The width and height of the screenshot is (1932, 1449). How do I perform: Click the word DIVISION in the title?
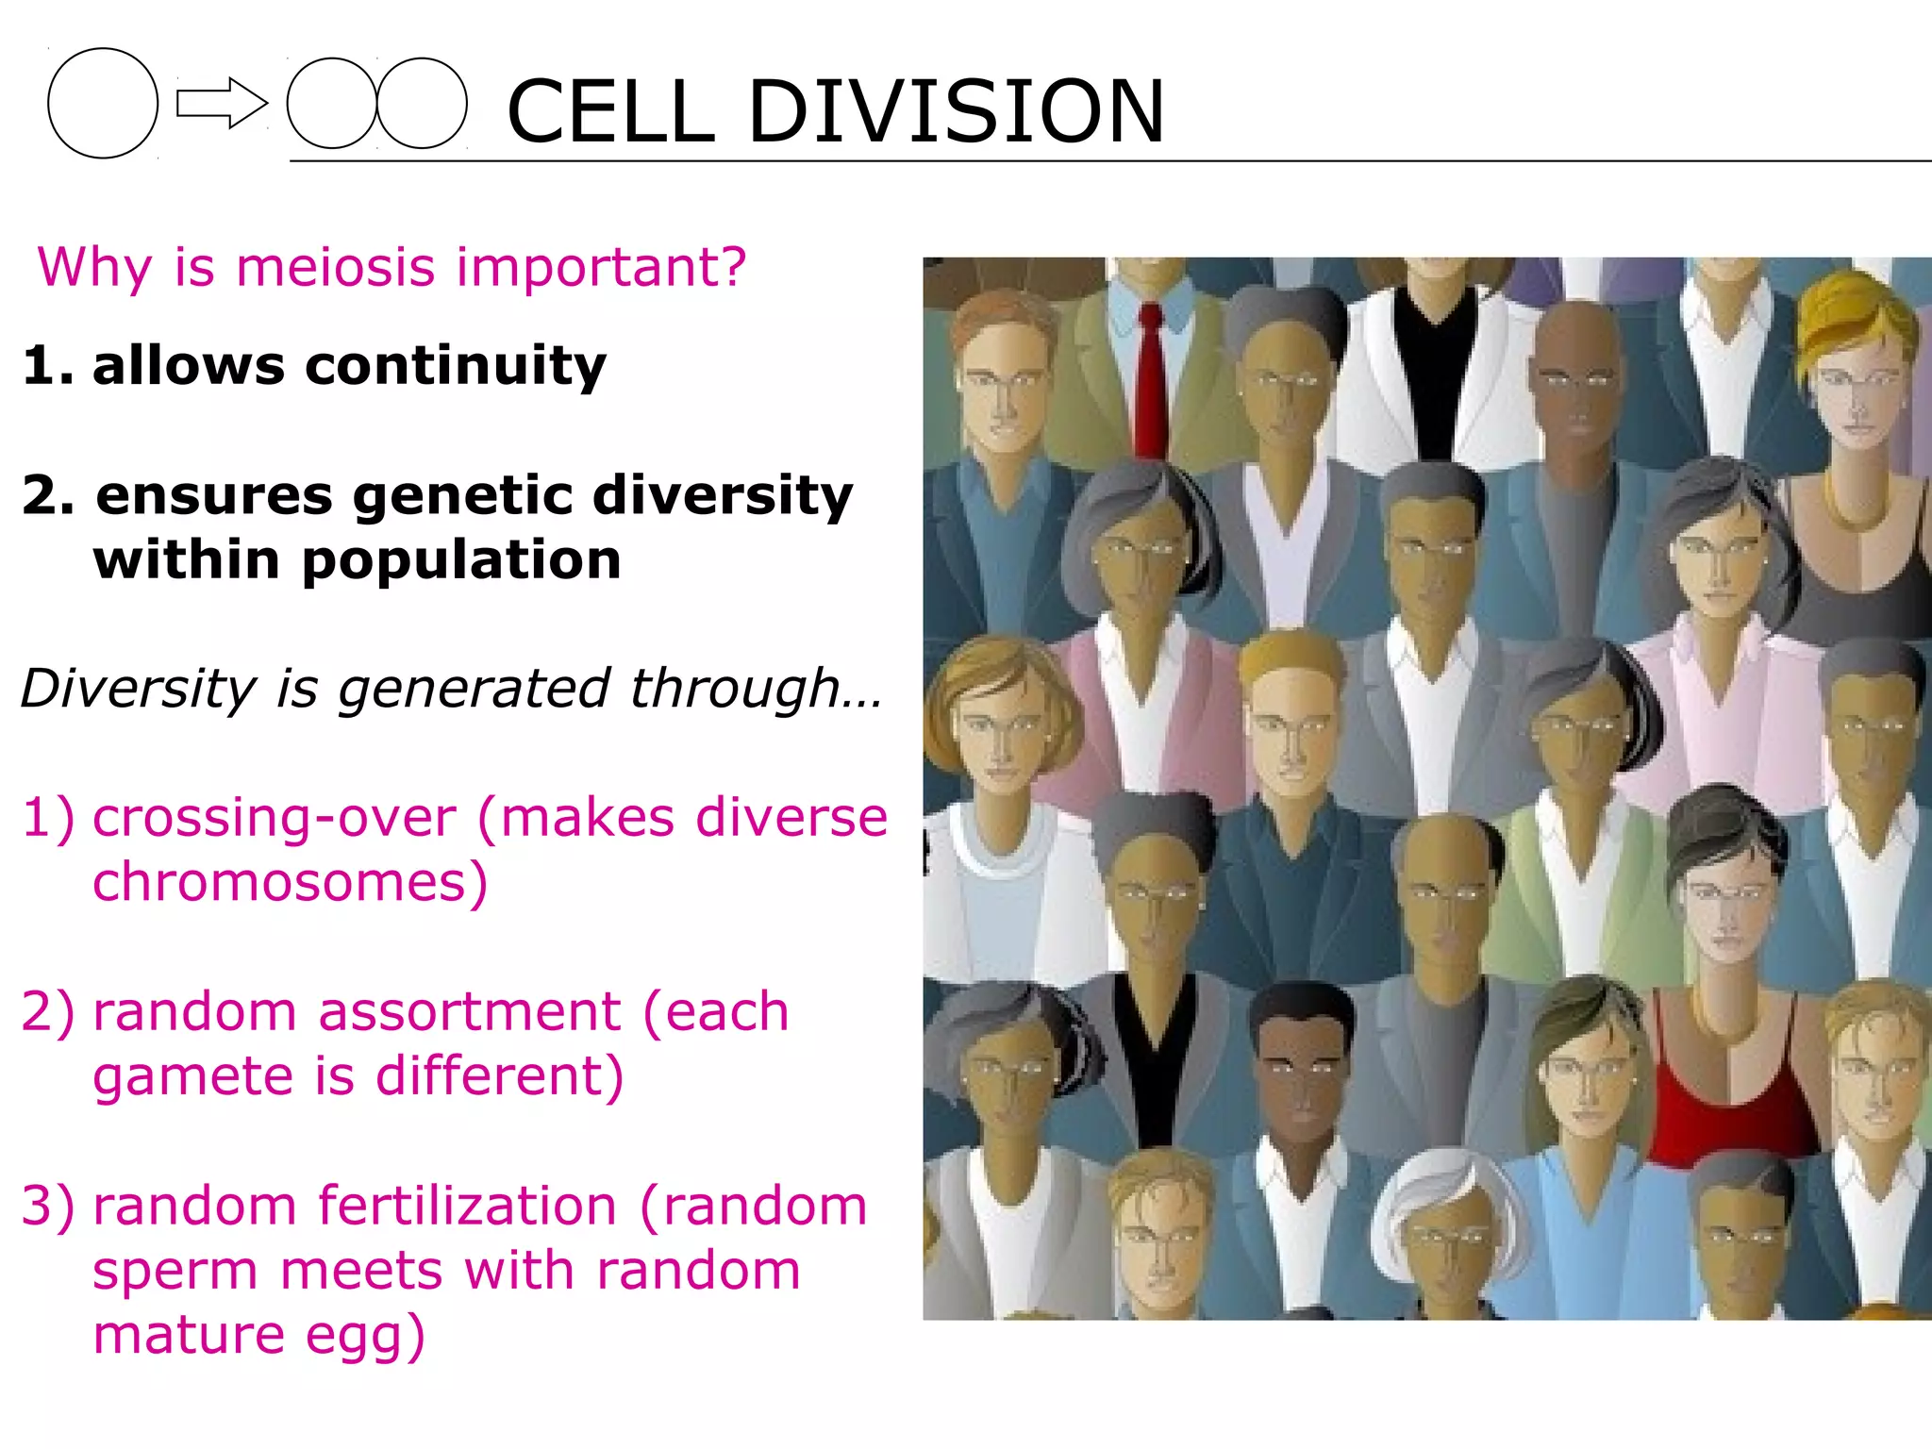click(956, 111)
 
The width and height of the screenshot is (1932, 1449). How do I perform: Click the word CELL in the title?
click(610, 111)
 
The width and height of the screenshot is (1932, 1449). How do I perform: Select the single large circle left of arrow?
click(103, 103)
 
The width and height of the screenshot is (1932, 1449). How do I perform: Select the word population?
click(461, 562)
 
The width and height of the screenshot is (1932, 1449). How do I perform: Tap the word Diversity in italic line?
click(138, 689)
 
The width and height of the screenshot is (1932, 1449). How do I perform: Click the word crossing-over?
click(274, 818)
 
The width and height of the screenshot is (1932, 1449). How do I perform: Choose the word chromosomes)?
click(290, 883)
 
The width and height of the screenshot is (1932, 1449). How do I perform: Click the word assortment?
click(469, 1012)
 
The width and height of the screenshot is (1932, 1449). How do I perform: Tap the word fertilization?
click(467, 1207)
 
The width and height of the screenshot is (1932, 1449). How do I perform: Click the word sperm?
click(175, 1272)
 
